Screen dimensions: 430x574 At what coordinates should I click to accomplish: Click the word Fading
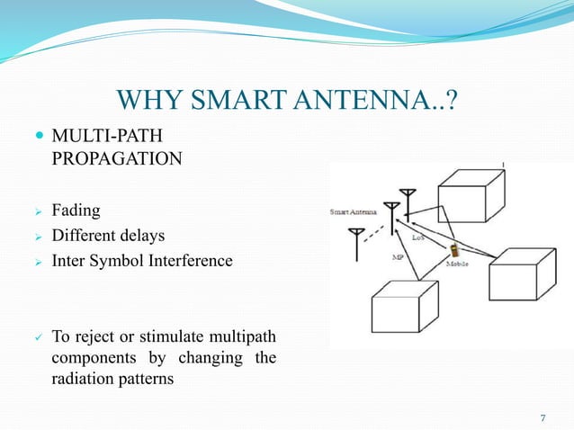[76, 211]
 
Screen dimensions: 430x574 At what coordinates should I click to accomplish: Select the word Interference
[190, 261]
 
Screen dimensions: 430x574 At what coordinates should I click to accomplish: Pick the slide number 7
[543, 417]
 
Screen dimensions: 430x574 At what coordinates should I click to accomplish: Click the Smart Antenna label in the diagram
[352, 213]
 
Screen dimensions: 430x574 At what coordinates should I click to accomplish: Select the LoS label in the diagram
[418, 238]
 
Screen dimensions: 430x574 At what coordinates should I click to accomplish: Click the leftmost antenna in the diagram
[357, 240]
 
